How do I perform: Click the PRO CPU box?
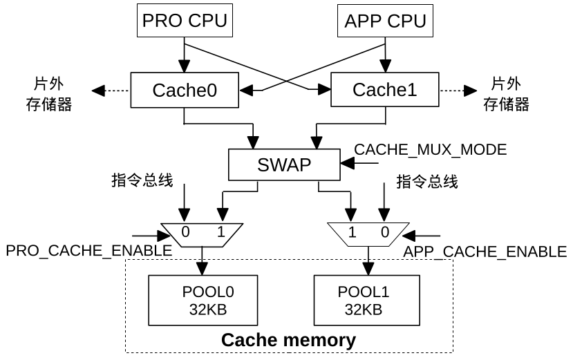[185, 21]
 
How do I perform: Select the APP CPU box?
[385, 21]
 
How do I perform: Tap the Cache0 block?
[184, 90]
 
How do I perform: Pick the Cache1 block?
[384, 90]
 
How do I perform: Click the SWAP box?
[284, 165]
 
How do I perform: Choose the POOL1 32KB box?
[367, 301]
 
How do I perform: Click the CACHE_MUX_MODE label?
[430, 150]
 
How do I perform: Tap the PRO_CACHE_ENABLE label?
[88, 251]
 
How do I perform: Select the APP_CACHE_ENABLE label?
[485, 252]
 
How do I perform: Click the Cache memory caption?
[288, 341]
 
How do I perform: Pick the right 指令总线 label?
[426, 182]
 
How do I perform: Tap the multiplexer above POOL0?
[203, 233]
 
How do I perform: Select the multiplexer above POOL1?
[367, 233]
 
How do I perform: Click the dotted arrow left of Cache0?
[111, 91]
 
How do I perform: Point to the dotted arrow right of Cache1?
[457, 91]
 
